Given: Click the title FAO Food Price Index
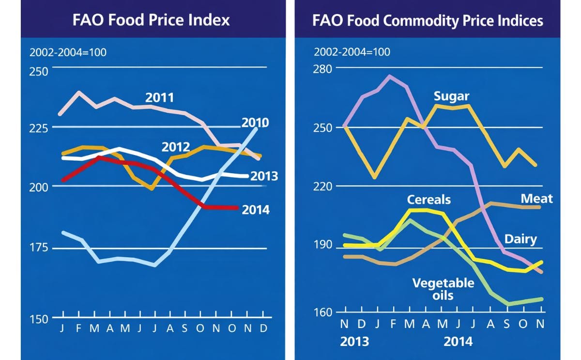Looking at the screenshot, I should tap(151, 20).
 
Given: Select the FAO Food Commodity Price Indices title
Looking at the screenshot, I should tap(428, 20).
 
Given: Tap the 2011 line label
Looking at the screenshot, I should tap(159, 98).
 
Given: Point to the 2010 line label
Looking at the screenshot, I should tap(255, 123).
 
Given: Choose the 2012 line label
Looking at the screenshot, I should tap(175, 147).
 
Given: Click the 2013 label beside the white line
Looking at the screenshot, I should tap(264, 175).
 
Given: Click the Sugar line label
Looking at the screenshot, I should tap(451, 96).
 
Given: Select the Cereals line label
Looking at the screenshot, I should tap(428, 200).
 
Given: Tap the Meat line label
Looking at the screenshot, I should tap(536, 199).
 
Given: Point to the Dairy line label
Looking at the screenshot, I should tap(520, 239).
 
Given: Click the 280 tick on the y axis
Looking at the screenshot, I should tap(325, 68).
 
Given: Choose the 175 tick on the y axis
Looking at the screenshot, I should tap(38, 248).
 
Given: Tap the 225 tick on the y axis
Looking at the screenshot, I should tap(38, 128).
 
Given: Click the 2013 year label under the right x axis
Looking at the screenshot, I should tap(354, 341).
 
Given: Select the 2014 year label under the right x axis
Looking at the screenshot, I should tap(458, 341).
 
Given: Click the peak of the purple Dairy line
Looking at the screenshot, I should tap(390, 76).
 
